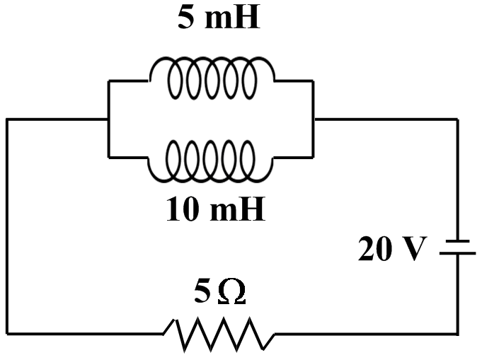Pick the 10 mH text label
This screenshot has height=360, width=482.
coord(215,209)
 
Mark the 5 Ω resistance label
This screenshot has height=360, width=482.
coord(219,291)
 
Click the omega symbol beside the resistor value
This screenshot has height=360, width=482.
coord(231,292)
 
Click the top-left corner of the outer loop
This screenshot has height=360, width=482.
coord(8,120)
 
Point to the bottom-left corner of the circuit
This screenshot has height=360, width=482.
coord(8,333)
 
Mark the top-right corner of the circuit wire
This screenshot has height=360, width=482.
coord(457,120)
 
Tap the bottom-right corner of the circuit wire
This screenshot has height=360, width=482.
coord(457,333)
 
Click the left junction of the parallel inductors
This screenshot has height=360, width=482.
coord(108,120)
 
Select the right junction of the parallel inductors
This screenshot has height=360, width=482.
coord(313,120)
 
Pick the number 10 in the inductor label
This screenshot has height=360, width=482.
coord(180,209)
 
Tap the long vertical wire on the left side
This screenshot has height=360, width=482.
coord(8,226)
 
